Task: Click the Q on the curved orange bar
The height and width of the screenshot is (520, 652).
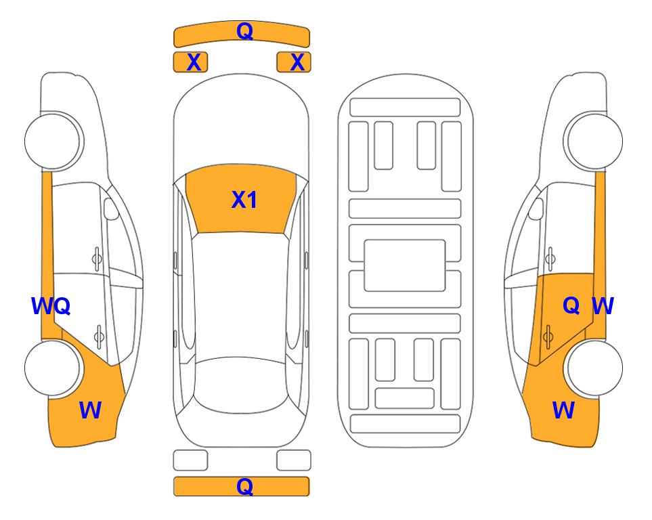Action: tap(245, 31)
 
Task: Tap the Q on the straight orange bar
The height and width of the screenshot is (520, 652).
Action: tap(245, 486)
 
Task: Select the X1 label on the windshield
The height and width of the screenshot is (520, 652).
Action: tap(244, 200)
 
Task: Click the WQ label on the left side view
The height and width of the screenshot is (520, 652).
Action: tap(51, 306)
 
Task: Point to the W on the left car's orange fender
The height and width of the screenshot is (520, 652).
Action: tap(90, 410)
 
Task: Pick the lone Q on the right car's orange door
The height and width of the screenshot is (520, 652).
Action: tap(571, 306)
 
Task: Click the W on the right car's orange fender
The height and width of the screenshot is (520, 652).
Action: tap(563, 410)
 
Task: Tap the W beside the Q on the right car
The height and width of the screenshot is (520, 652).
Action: tap(603, 306)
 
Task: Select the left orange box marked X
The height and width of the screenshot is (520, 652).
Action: tap(190, 62)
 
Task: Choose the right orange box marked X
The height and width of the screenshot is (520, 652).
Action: tap(294, 62)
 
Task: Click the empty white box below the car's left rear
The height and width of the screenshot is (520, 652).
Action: tap(190, 460)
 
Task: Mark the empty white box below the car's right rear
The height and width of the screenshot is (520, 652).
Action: tap(294, 460)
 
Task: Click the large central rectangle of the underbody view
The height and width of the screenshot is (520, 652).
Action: tap(405, 265)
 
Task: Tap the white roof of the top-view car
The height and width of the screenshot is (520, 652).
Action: tap(240, 295)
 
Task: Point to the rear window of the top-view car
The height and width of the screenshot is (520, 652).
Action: tap(240, 385)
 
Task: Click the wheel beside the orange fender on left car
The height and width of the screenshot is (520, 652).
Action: tap(53, 368)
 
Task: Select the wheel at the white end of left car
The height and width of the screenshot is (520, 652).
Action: tap(53, 142)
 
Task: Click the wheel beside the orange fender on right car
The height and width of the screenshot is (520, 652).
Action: tap(594, 368)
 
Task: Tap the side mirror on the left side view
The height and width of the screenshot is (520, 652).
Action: tap(111, 209)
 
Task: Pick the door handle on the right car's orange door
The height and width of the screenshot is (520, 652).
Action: tap(548, 336)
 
